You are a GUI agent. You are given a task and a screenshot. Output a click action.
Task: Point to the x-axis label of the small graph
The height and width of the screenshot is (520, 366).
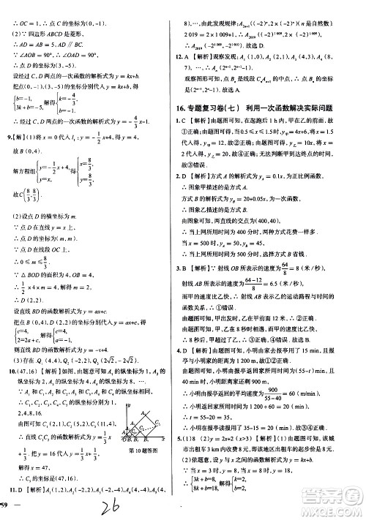[x=170, y=440]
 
